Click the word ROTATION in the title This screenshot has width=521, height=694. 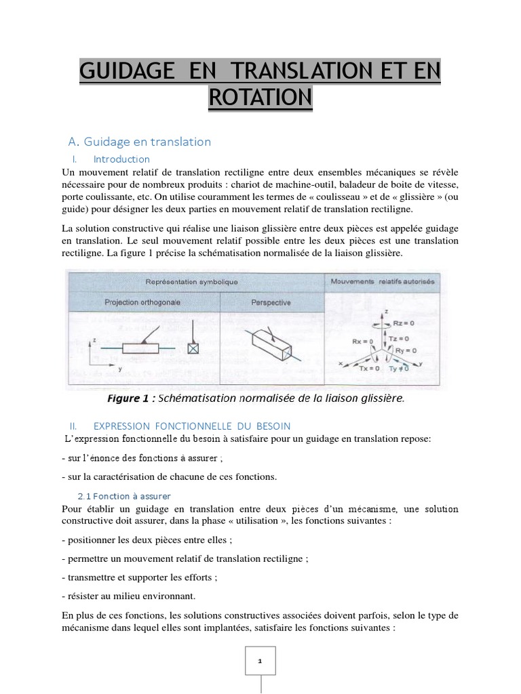(260, 97)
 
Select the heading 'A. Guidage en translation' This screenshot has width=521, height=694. (140, 142)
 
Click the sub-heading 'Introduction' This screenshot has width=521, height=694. (121, 159)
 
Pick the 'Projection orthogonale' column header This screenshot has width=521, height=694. (142, 302)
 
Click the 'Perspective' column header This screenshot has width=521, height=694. (271, 302)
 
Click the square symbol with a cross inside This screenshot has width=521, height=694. (193, 349)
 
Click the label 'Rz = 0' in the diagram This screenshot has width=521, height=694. (404, 323)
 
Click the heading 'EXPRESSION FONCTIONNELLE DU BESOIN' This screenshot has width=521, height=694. (192, 426)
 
